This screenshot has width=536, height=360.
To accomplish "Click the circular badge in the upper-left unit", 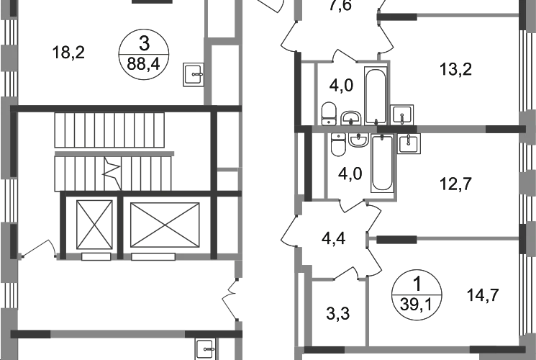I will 145,53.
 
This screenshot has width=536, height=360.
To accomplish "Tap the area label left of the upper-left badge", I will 70,50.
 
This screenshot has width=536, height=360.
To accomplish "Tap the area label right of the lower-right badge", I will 483,295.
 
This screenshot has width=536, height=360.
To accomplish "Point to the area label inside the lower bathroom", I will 350,174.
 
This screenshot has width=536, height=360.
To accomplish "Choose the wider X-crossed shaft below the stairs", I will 164,225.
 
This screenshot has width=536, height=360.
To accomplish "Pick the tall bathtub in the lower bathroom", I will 383,166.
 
